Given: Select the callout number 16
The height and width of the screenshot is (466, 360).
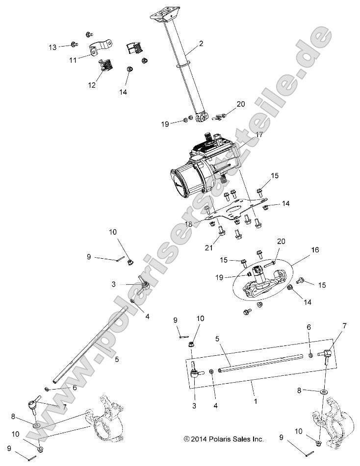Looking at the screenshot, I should [314, 250].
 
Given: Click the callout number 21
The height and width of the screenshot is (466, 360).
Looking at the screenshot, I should [209, 247].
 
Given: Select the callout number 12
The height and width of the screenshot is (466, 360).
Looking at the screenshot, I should [92, 85].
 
